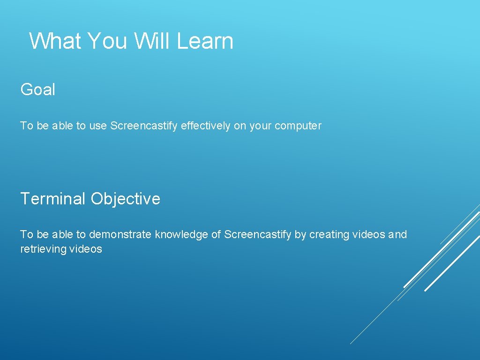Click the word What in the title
[x=55, y=41]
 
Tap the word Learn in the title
[x=205, y=41]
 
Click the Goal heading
[x=37, y=90]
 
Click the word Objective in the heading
[x=125, y=199]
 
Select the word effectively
[x=205, y=126]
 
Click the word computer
[x=298, y=126]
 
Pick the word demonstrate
[x=121, y=234]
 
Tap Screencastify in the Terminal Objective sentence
[x=258, y=234]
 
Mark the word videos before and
[x=369, y=234]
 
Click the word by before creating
[x=300, y=234]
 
